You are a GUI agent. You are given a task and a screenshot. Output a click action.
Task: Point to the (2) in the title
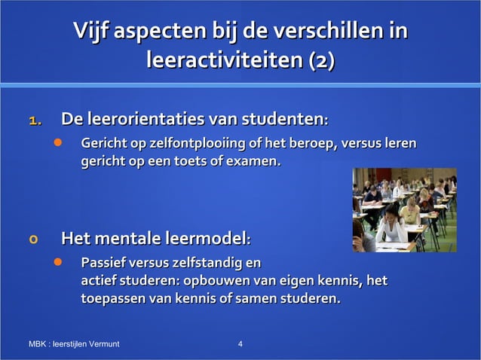click(321, 60)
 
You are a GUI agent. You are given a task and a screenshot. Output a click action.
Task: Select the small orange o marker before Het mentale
click(32, 241)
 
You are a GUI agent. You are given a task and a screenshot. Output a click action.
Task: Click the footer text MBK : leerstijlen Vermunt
click(74, 344)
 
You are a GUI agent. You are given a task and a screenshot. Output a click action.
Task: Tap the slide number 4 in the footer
click(240, 344)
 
